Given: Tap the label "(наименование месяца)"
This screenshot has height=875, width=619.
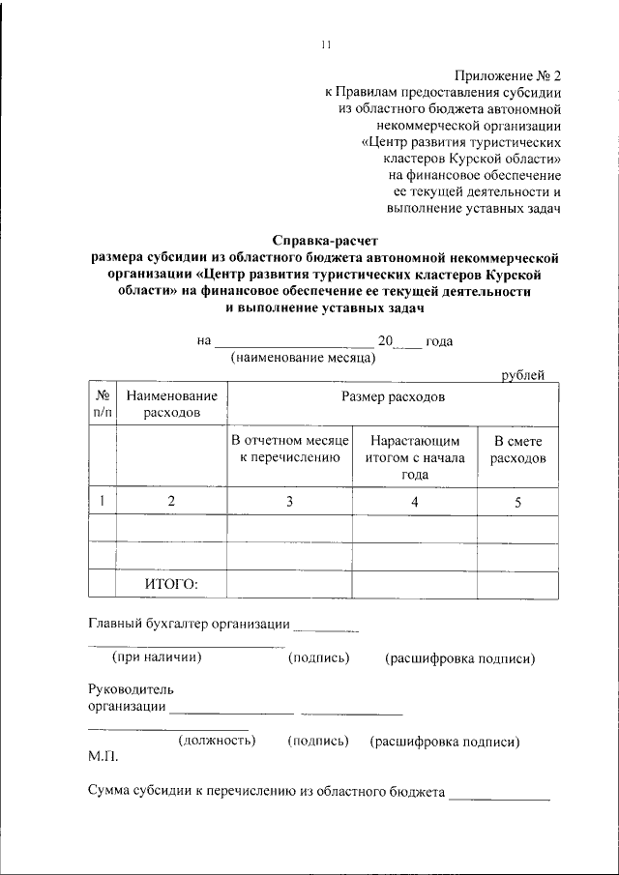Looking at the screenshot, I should (x=303, y=358).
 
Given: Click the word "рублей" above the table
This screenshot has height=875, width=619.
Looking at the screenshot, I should (x=523, y=375).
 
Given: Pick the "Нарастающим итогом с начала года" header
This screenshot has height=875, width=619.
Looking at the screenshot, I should (x=415, y=457).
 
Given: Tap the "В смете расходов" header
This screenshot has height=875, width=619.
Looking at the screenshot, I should (x=517, y=449).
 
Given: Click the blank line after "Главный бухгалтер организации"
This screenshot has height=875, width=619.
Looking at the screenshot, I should (x=325, y=630).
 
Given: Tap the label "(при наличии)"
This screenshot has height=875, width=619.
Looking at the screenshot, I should (x=156, y=657).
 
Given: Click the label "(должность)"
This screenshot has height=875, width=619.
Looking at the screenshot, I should (x=217, y=741).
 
